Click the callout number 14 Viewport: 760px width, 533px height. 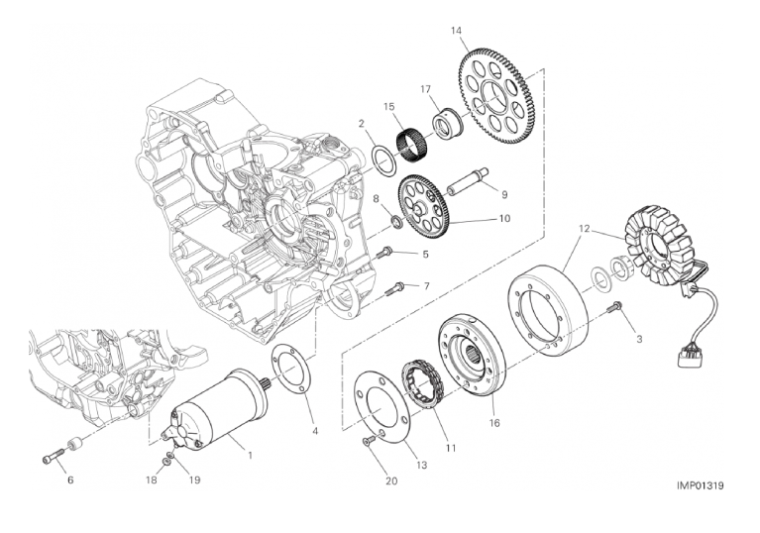pos(457,31)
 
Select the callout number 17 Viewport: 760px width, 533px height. pos(425,89)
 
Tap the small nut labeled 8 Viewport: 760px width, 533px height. pos(397,223)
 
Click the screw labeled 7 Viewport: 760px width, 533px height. pos(396,289)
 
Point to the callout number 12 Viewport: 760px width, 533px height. pos(584,228)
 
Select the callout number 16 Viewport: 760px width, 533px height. pos(493,423)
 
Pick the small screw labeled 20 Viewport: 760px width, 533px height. pos(370,442)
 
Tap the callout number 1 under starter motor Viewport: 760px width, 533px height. pos(250,455)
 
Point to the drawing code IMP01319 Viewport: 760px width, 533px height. pos(701,485)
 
